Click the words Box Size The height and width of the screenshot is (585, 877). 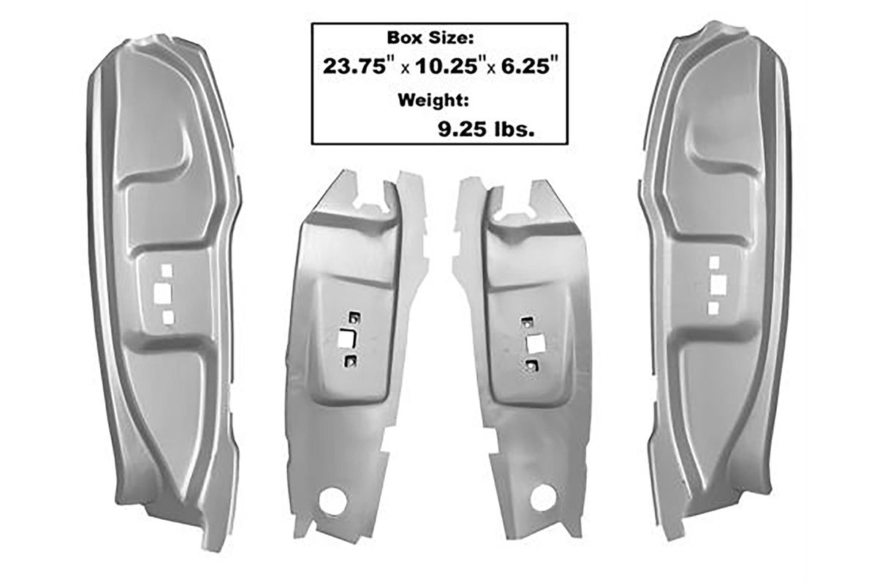[430, 38]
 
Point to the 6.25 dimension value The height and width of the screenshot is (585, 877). [530, 67]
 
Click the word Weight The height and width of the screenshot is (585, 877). [433, 101]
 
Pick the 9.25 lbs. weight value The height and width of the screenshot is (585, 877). [486, 129]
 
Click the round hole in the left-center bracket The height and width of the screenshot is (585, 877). [332, 502]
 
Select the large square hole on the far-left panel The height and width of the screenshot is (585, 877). [163, 294]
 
